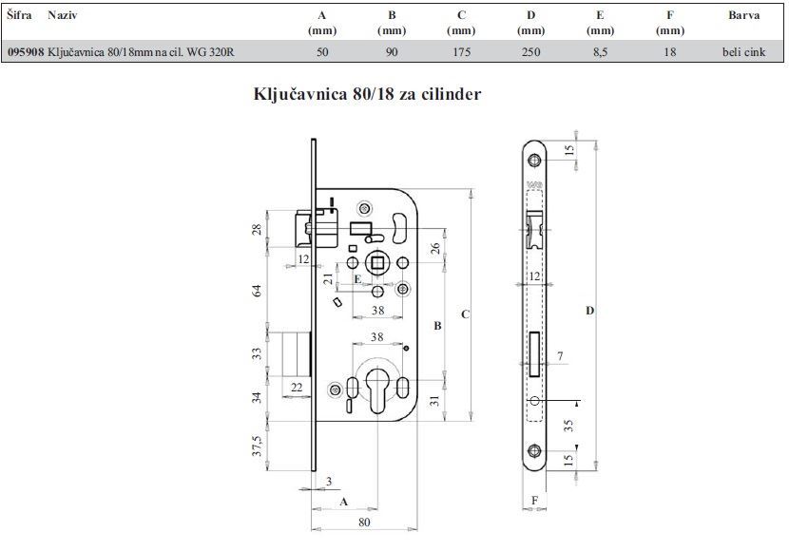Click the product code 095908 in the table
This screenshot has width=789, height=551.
26,52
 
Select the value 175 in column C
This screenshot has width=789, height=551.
461,52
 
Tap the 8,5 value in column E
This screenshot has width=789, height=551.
600,52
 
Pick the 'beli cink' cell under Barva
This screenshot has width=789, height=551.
743,52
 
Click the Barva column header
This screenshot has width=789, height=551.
743,15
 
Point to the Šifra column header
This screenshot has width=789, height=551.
20,15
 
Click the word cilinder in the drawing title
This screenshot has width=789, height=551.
452,94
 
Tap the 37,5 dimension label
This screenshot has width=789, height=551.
257,446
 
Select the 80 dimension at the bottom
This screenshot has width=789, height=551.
364,522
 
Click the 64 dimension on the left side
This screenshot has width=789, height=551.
257,290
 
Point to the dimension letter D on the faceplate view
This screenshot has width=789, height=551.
589,311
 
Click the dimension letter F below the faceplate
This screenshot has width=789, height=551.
534,500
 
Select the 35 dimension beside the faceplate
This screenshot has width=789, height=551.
568,426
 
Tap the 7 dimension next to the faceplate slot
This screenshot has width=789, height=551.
560,356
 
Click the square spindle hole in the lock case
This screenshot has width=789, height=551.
377,263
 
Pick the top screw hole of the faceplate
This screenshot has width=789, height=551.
534,161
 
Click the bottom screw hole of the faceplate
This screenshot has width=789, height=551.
534,450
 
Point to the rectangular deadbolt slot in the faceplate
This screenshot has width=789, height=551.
534,354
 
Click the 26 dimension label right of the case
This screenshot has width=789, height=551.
435,248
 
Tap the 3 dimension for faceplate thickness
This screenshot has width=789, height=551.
329,481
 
